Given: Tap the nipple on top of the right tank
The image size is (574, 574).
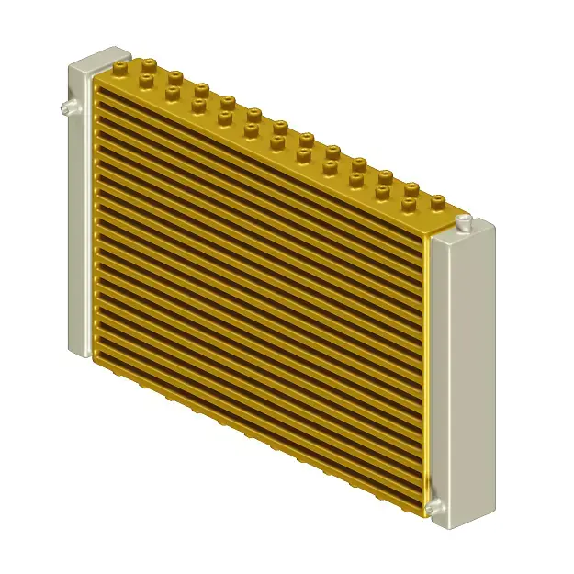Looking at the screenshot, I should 465,221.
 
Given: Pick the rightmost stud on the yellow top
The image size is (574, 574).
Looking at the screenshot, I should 438,199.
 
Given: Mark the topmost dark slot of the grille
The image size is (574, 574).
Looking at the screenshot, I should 257,156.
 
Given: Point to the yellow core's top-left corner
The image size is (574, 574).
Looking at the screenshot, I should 96,77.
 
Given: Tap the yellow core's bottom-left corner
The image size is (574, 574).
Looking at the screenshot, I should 96,358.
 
